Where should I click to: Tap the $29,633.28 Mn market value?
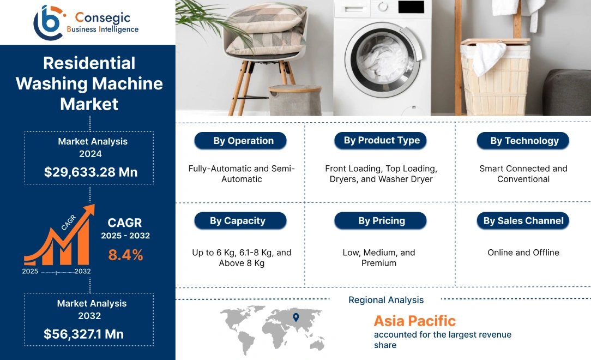tap(91, 172)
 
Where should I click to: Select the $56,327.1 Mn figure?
tap(83, 334)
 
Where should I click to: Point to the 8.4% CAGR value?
tap(125, 254)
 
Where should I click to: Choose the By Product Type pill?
tap(381, 140)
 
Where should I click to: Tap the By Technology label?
tap(523, 141)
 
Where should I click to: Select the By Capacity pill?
tap(240, 221)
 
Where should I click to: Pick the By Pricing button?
tap(381, 221)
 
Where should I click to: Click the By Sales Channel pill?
tap(523, 221)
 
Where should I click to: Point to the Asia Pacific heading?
tap(414, 321)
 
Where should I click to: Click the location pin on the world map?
tap(295, 317)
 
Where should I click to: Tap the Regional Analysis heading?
tap(386, 300)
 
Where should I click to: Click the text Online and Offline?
tap(523, 253)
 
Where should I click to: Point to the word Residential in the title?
tap(89, 63)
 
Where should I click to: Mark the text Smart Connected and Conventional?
tap(523, 173)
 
